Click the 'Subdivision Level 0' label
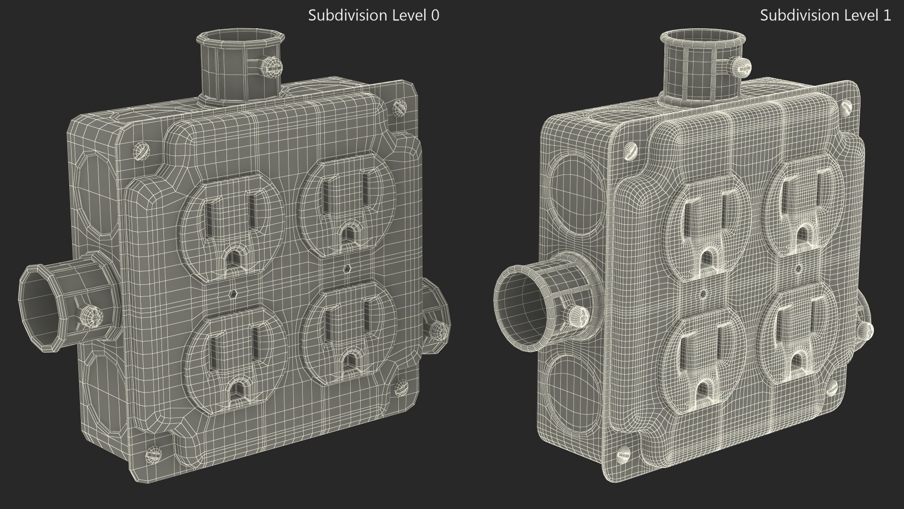click(373, 16)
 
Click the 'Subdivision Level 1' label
click(825, 16)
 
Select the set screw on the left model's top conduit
click(272, 66)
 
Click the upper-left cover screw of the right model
click(631, 151)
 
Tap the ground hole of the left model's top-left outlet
click(233, 258)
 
